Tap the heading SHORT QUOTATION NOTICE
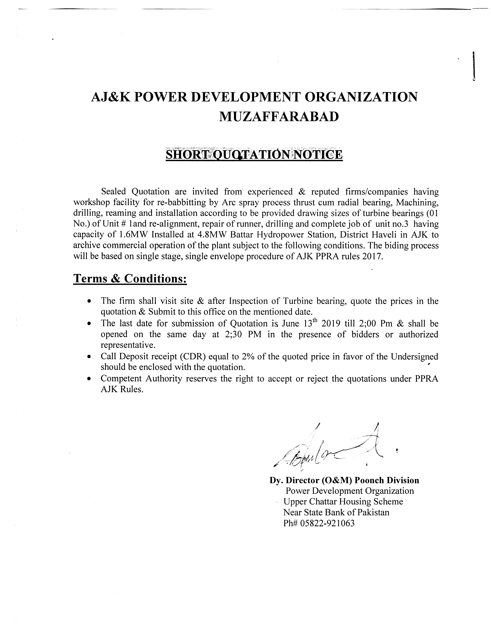pos(254,154)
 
